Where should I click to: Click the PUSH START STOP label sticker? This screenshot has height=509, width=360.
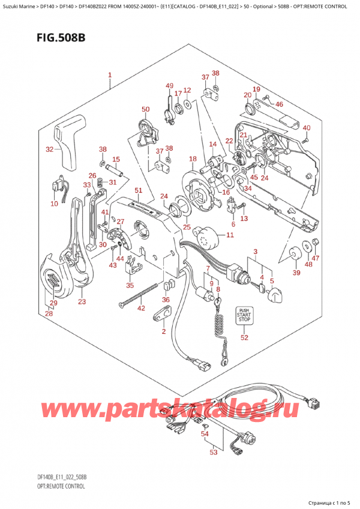244,315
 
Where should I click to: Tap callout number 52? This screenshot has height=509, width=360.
244,337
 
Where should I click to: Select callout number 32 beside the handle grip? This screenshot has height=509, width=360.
50,149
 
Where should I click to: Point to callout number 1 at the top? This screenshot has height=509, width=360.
110,76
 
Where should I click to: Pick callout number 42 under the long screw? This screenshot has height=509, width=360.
141,309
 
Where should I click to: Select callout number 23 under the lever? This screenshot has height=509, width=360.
82,302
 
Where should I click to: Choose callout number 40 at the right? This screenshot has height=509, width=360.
307,128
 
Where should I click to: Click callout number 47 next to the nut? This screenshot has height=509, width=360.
316,258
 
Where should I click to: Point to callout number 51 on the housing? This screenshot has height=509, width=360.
139,190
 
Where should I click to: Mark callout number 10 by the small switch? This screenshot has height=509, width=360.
55,204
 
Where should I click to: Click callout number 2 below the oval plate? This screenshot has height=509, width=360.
163,331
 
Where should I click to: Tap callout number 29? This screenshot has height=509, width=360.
53,304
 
